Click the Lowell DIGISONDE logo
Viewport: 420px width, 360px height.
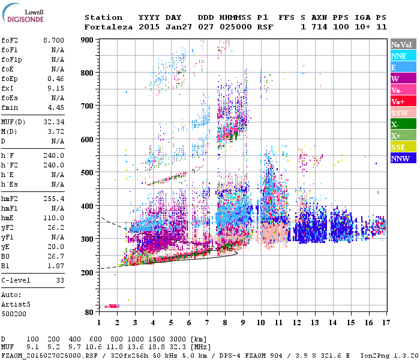click(24, 16)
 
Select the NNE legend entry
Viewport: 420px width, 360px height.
click(403, 56)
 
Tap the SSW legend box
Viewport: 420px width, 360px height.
click(403, 113)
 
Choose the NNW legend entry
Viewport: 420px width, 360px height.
click(403, 158)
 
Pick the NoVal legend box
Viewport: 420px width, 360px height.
click(403, 44)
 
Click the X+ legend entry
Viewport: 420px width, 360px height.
click(403, 136)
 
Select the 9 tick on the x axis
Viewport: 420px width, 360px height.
click(243, 322)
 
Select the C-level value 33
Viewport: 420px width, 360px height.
click(60, 280)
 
